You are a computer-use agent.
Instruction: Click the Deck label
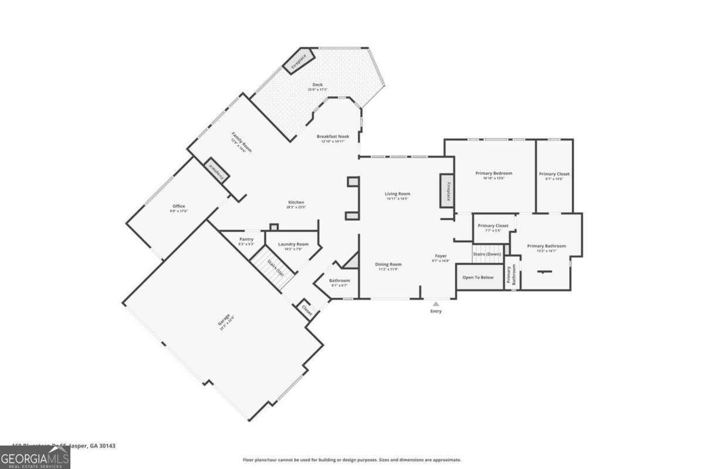tap(317, 85)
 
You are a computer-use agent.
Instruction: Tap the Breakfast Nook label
tap(333, 137)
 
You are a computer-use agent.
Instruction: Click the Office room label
tap(178, 206)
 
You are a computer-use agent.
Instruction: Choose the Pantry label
tap(246, 239)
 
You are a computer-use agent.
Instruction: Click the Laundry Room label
tap(293, 244)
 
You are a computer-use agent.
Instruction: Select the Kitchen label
tap(295, 203)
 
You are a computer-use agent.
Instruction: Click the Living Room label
tap(397, 194)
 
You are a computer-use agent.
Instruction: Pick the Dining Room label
tap(388, 264)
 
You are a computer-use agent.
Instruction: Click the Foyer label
tap(441, 256)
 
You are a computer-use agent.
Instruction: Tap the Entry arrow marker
tap(436, 304)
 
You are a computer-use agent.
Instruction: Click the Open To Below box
tap(478, 277)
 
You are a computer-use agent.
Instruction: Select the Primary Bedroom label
tap(493, 174)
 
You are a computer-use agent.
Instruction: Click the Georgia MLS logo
tap(35, 457)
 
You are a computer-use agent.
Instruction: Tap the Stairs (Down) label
tap(487, 254)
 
